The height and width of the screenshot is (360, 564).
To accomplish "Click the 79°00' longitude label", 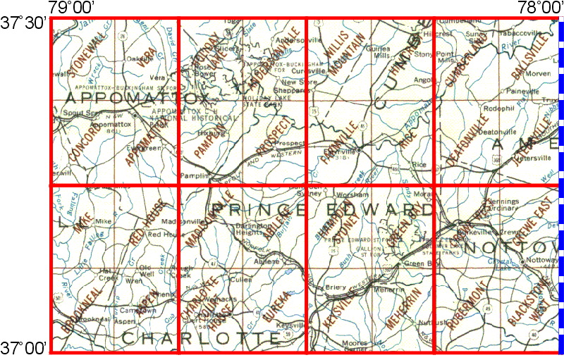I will tap(73, 8).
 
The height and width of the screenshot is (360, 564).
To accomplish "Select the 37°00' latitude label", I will tap(24, 347).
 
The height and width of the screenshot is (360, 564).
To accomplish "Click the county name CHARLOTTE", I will tap(201, 338).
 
